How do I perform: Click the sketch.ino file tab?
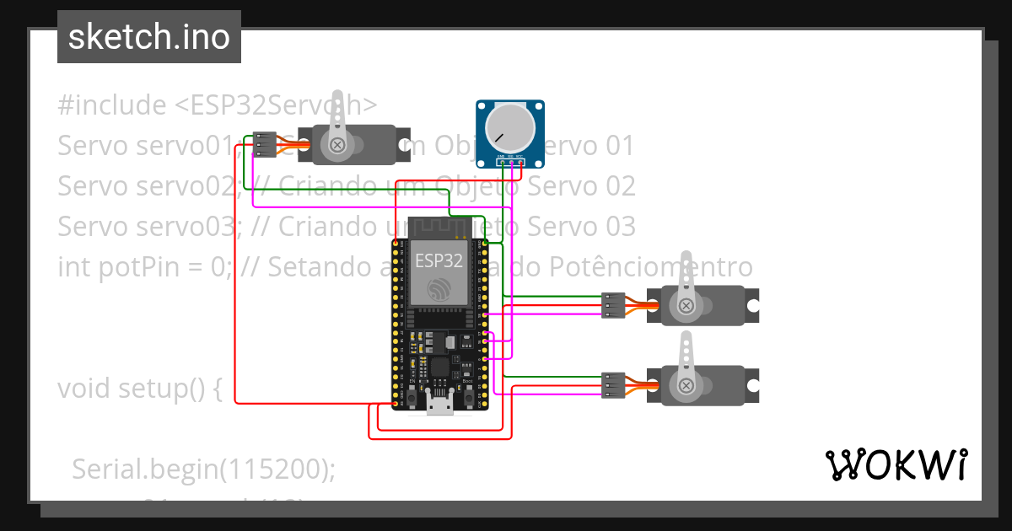click(148, 37)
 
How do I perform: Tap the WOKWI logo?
click(895, 464)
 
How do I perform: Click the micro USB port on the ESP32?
click(438, 407)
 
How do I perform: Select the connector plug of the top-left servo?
click(265, 145)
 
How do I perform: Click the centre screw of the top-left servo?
click(339, 145)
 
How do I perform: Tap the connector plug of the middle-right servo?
click(613, 305)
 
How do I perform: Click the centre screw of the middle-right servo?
click(686, 305)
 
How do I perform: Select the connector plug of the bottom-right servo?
click(613, 385)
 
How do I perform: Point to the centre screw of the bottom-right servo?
click(686, 385)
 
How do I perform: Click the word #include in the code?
click(112, 105)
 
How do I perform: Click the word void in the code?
click(85, 389)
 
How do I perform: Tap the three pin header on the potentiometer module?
click(510, 158)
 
